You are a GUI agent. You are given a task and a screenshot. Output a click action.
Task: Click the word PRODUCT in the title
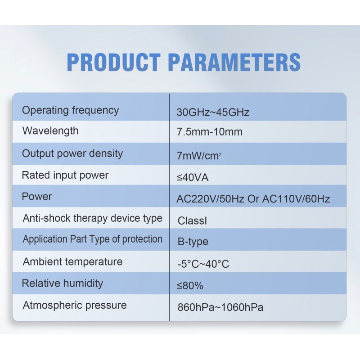(x=114, y=62)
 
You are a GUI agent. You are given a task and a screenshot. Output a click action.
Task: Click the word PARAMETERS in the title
(x=234, y=62)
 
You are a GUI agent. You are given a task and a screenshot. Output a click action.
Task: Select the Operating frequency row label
(x=71, y=111)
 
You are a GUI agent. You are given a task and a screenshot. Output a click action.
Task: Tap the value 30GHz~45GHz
(x=213, y=112)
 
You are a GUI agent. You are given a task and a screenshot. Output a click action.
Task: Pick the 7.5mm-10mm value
(x=210, y=132)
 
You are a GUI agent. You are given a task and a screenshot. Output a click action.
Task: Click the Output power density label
(x=72, y=154)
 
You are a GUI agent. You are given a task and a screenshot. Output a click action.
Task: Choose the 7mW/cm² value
(x=199, y=156)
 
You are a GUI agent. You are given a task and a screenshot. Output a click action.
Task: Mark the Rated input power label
(x=65, y=175)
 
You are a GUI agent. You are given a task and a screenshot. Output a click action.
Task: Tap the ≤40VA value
(x=193, y=177)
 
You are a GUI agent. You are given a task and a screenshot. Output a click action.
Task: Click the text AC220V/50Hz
(x=210, y=199)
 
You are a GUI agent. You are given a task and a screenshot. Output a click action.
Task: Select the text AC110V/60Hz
(x=296, y=199)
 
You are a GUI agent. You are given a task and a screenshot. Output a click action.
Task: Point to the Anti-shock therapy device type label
(x=93, y=219)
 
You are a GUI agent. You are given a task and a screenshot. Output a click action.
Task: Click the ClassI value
(x=192, y=220)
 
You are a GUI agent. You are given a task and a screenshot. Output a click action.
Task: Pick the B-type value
(x=193, y=242)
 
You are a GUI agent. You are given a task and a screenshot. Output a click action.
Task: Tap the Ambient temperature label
(x=73, y=262)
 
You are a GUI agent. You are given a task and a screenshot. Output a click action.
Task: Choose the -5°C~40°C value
(x=203, y=264)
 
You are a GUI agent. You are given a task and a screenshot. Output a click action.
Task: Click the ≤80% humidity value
(x=190, y=286)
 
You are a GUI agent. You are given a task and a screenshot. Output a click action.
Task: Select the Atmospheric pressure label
(x=75, y=306)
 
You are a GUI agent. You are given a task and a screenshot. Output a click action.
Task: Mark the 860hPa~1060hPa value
(x=220, y=307)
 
